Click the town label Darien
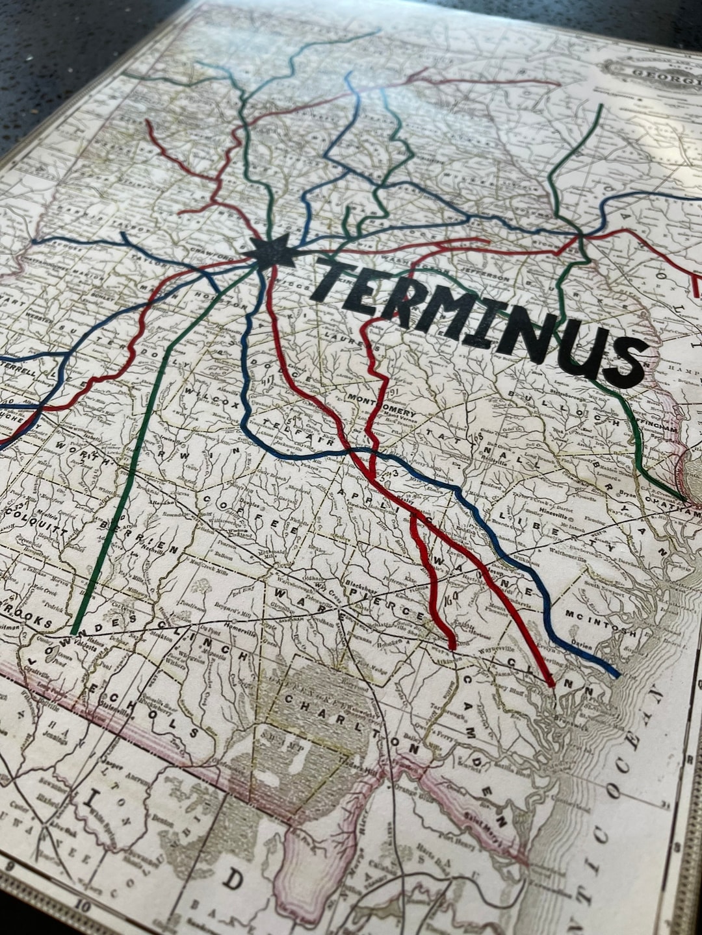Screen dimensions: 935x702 pyautogui.click(x=580, y=643)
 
